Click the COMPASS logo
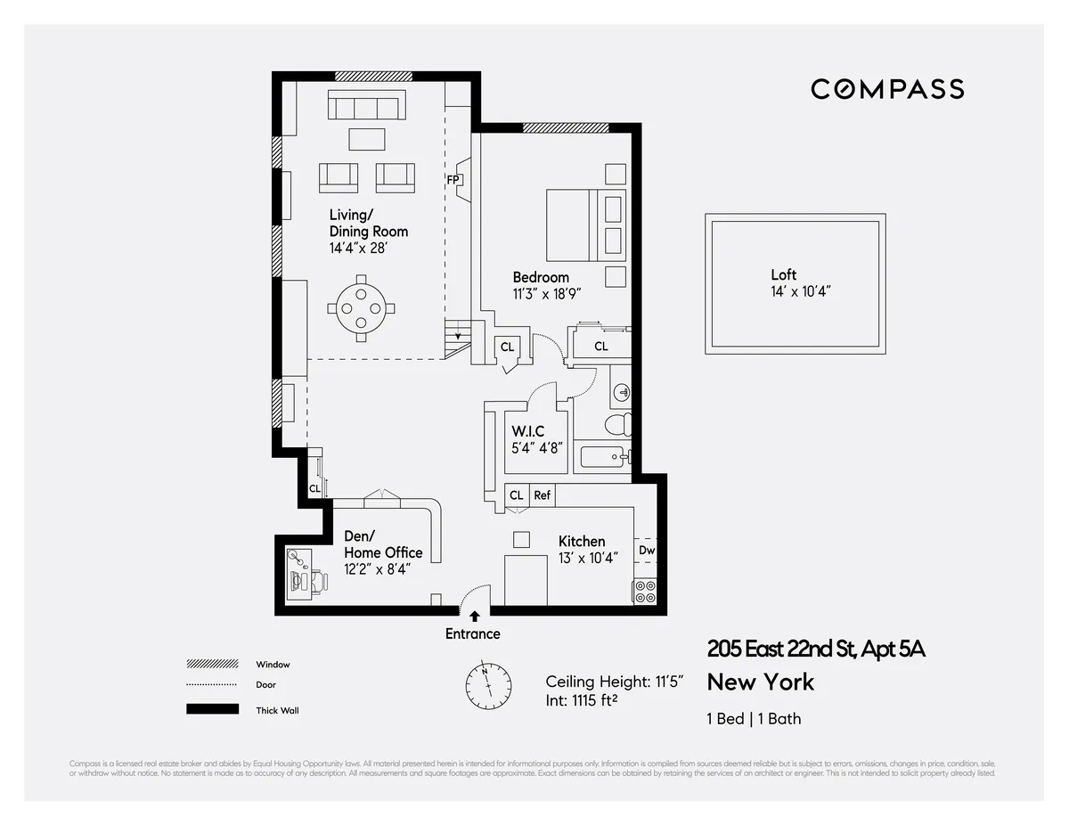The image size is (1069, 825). click(x=886, y=89)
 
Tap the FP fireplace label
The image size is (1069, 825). click(x=453, y=179)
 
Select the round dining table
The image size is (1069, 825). click(x=361, y=308)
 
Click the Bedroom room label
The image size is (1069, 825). click(x=541, y=277)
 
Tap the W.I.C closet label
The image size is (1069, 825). click(x=527, y=431)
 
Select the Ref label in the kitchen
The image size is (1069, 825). click(x=542, y=495)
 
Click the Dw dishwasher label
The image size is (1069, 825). click(x=647, y=551)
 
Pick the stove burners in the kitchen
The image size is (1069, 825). click(x=645, y=591)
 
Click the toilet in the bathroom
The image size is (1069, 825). click(x=618, y=423)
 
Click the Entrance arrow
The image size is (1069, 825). click(x=474, y=615)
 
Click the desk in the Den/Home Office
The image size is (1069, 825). click(x=298, y=576)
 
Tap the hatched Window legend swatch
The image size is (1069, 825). click(x=212, y=665)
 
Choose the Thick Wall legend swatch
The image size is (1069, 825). click(x=212, y=709)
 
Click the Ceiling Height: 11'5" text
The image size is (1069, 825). click(x=615, y=682)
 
